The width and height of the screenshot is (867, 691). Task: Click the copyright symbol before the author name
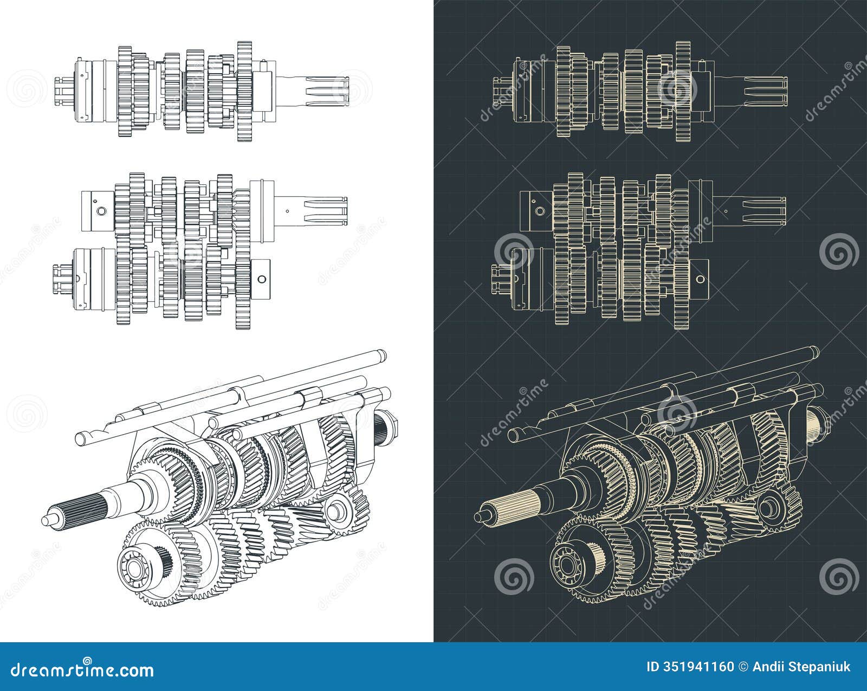tap(746, 667)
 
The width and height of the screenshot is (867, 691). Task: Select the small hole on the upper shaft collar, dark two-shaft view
tap(539, 210)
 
